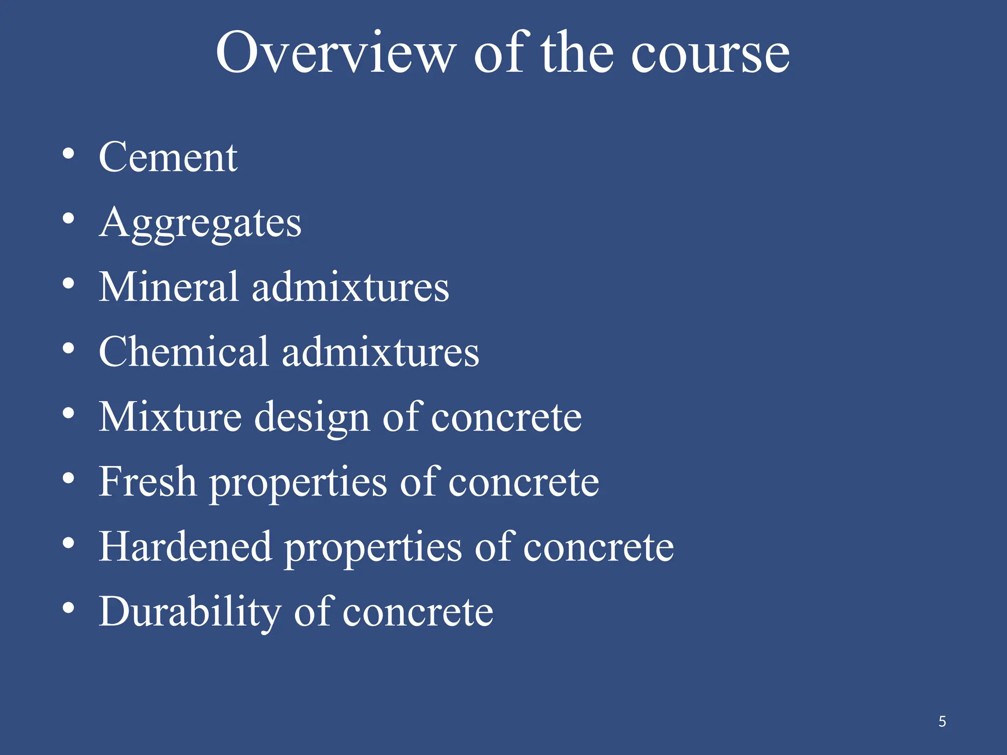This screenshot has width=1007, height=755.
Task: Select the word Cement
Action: (x=168, y=157)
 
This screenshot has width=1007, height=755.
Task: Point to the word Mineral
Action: (x=169, y=287)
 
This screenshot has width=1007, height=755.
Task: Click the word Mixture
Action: (x=170, y=417)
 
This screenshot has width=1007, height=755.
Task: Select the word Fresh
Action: (x=148, y=482)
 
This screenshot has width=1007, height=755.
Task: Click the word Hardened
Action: (x=185, y=547)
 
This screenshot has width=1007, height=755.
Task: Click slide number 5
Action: (x=942, y=722)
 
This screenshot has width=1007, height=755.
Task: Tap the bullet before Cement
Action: (x=68, y=153)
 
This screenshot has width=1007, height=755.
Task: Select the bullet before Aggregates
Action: (x=68, y=218)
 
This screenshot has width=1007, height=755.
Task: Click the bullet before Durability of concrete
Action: (x=68, y=608)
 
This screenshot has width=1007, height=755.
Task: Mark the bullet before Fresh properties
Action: (x=68, y=478)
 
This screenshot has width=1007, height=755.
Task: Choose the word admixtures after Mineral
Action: (x=351, y=287)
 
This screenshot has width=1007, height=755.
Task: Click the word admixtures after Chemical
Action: (x=381, y=352)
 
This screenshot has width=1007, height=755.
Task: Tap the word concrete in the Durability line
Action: (x=417, y=612)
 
